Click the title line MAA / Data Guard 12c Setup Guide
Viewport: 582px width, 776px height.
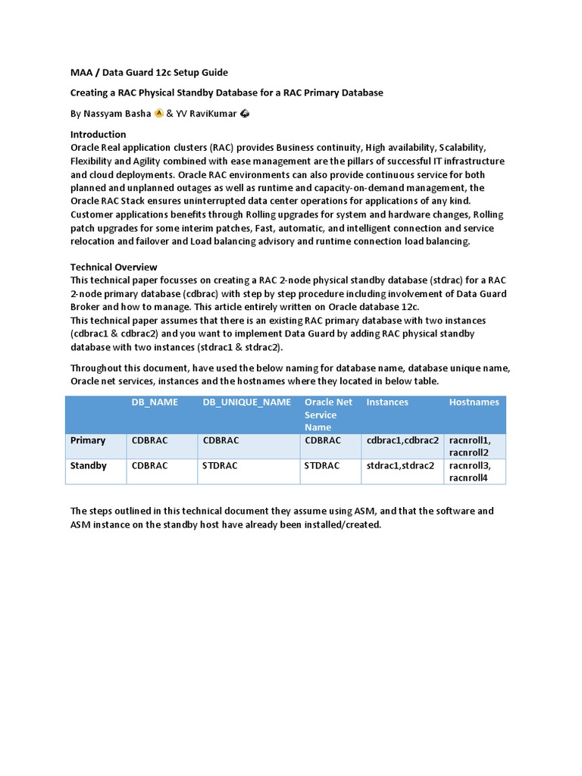coord(149,72)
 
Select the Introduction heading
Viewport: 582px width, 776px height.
coord(98,134)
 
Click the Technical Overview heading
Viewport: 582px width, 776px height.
coord(114,267)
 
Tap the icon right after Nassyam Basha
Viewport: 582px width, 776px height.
coord(158,114)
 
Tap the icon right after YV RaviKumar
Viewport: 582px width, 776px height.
coord(245,114)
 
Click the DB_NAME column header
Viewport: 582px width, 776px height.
coord(155,402)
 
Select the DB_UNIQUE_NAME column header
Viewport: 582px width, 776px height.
coord(246,402)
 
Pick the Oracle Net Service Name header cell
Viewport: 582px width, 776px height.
coord(328,415)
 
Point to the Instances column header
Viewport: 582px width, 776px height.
coord(387,402)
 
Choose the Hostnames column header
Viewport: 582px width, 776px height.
coord(474,402)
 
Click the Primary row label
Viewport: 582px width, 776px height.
coord(88,440)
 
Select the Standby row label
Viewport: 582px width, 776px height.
coord(89,465)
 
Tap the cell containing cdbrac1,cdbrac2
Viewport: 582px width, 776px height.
coord(402,440)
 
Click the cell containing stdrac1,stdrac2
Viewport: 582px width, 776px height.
coord(400,465)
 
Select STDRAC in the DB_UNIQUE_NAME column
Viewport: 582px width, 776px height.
coord(220,465)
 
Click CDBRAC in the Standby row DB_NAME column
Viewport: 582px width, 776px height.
coord(150,465)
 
